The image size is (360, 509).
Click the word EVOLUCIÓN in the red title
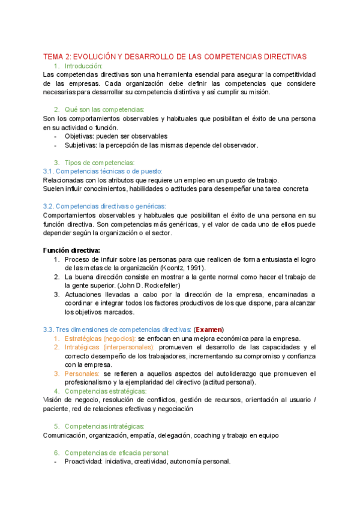pyautogui.click(x=95, y=56)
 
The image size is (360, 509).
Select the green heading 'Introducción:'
pyautogui.click(x=83, y=65)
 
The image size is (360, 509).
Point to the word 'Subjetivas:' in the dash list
pyautogui.click(x=82, y=145)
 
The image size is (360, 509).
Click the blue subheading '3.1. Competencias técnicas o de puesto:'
pyautogui.click(x=103, y=171)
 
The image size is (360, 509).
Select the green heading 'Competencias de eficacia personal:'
pyautogui.click(x=117, y=453)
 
